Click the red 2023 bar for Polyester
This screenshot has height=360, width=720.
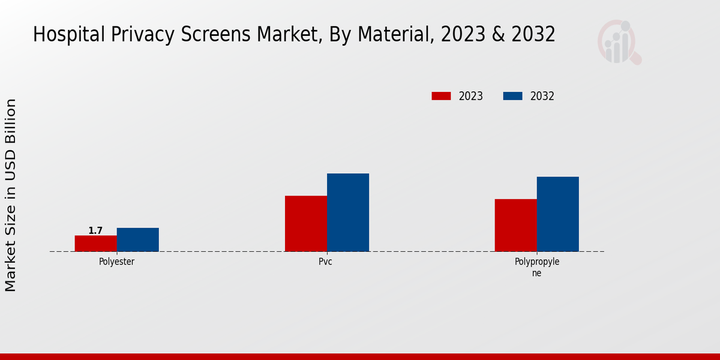pos(96,244)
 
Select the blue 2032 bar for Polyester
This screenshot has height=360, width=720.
pos(138,239)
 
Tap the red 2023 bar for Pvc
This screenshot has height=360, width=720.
pos(306,223)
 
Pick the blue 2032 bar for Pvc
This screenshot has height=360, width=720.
pos(348,212)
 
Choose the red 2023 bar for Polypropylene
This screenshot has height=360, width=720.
pos(516,225)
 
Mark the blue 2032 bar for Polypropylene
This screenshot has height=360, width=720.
pos(558,214)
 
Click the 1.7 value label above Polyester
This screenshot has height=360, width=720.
pos(95,230)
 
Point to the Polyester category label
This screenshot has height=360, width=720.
pos(116,262)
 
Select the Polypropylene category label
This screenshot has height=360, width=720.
pos(536,267)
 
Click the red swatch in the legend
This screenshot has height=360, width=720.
pos(441,96)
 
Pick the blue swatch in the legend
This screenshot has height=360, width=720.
pos(512,96)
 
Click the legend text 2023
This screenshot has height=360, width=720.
pos(471,96)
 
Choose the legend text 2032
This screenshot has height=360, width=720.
pos(542,96)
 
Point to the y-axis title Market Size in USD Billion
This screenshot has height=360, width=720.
pos(11,195)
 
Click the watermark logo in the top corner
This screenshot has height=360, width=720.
pos(619,42)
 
